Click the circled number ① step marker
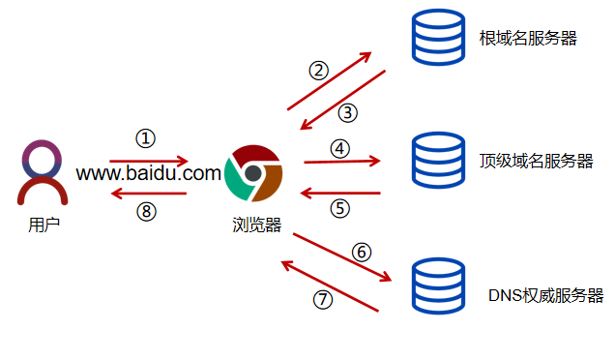[145, 138]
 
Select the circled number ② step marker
[318, 70]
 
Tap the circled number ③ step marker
[348, 112]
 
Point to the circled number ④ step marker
[338, 148]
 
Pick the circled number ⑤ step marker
[338, 207]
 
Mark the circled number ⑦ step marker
[322, 299]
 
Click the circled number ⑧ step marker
[145, 211]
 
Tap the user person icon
[44, 172]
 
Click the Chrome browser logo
[253, 173]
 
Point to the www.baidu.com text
[149, 174]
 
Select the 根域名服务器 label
[528, 39]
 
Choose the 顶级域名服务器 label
[536, 161]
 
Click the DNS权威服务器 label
[545, 295]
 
